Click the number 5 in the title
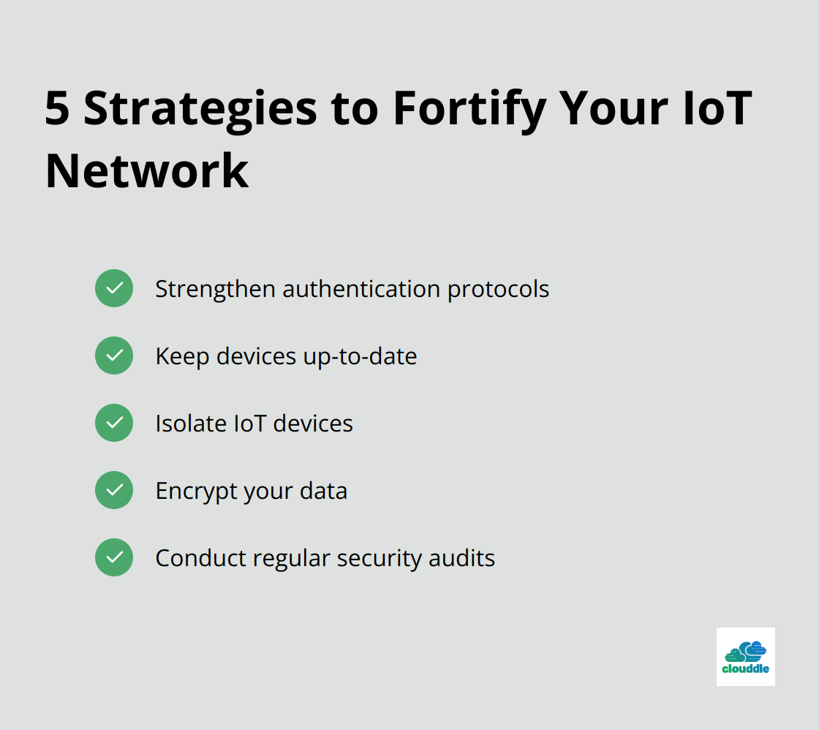tap(57, 108)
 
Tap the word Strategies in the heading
tap(200, 110)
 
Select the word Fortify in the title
tap(469, 110)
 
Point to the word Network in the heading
tap(147, 171)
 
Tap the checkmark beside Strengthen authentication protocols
tap(114, 288)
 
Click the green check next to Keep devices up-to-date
tap(114, 355)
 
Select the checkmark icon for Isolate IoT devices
tap(114, 423)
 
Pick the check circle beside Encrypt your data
tap(114, 490)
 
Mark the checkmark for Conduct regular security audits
tap(114, 557)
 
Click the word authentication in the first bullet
tap(361, 289)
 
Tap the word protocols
tap(498, 290)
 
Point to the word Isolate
tap(191, 424)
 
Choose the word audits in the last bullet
tap(461, 558)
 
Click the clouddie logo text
tap(745, 669)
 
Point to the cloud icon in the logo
tap(745, 651)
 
